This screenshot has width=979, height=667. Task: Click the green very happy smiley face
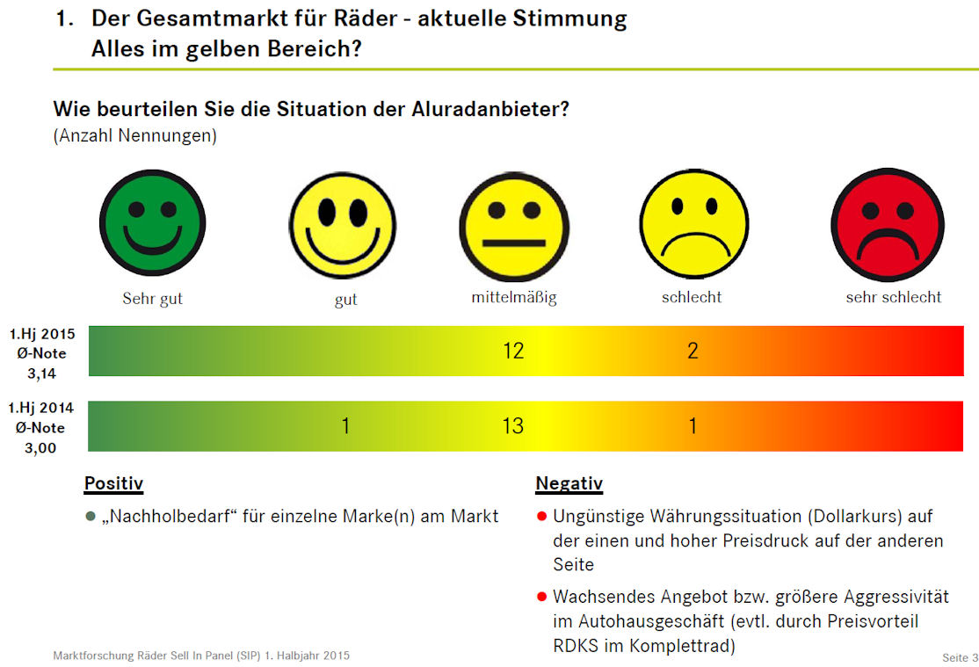coord(152,222)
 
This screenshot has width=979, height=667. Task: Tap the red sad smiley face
coord(888,224)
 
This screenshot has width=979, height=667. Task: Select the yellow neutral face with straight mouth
coord(514,227)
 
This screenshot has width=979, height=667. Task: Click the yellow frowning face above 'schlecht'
coord(694,223)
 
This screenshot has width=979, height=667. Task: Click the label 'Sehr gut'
coord(152,298)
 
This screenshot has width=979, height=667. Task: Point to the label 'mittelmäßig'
coord(514,297)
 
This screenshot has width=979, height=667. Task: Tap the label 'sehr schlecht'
coord(893,297)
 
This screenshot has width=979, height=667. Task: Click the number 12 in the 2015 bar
coord(513,351)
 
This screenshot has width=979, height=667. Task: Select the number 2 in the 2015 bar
coord(693,351)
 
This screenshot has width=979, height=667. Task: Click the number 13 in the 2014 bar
coord(513,426)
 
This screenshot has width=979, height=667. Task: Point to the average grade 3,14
coord(42,373)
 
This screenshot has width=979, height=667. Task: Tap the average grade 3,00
coord(42,448)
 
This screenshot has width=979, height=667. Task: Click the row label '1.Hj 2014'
coord(42,408)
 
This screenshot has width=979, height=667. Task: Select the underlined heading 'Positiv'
coord(113,483)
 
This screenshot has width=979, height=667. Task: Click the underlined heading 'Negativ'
coord(569,483)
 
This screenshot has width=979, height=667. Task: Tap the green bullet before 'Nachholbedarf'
coord(90,516)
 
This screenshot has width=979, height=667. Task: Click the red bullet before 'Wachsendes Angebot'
coord(541,597)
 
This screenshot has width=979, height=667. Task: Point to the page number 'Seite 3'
coord(960,657)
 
